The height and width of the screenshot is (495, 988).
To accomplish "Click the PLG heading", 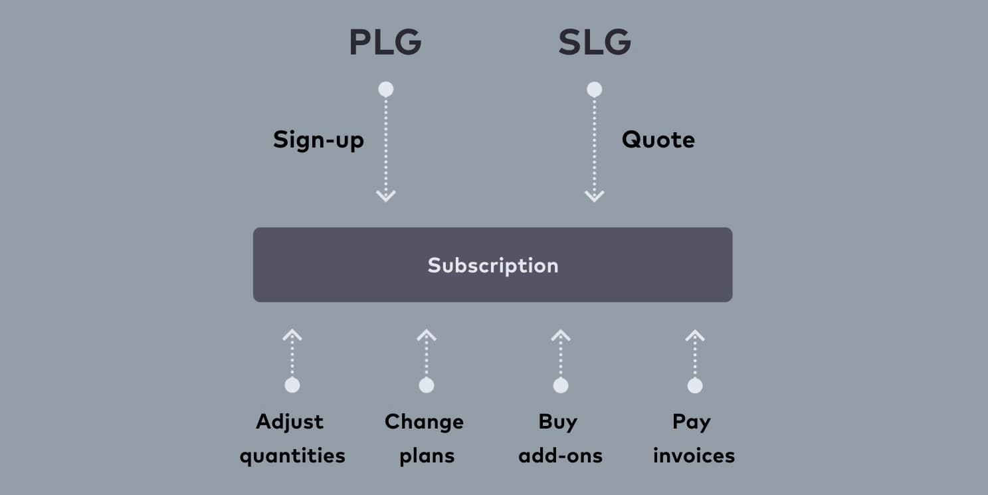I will tap(385, 43).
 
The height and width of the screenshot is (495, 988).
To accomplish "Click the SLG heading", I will tap(594, 43).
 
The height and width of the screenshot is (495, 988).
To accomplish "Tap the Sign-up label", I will tap(318, 140).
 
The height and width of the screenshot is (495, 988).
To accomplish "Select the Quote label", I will tap(658, 140).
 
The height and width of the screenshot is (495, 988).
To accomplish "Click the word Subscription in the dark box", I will tap(493, 265).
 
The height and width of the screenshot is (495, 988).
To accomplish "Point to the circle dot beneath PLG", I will tap(385, 89).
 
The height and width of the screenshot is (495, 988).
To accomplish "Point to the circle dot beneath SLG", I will tap(594, 89).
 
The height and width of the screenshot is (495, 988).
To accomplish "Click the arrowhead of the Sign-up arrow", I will tap(385, 195).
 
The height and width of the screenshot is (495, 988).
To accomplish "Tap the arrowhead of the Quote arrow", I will tap(594, 195).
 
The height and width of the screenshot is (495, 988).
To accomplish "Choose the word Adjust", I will tap(290, 422).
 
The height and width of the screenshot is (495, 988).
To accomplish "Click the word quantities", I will tap(292, 456).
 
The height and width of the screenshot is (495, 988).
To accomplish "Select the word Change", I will tap(424, 422).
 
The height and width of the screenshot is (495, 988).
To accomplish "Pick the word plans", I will tap(427, 456).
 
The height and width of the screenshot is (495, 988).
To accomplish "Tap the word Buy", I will tap(557, 422).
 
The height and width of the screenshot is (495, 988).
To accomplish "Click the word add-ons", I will tap(560, 456).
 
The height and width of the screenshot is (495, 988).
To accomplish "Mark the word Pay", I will tap(691, 422).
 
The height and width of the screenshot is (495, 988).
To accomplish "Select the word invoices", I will tap(694, 456).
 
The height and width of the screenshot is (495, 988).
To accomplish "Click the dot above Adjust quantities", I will tap(292, 385).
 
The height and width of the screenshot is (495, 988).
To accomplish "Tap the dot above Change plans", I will tap(427, 385).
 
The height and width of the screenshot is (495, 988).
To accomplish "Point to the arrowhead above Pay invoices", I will tap(694, 335).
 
